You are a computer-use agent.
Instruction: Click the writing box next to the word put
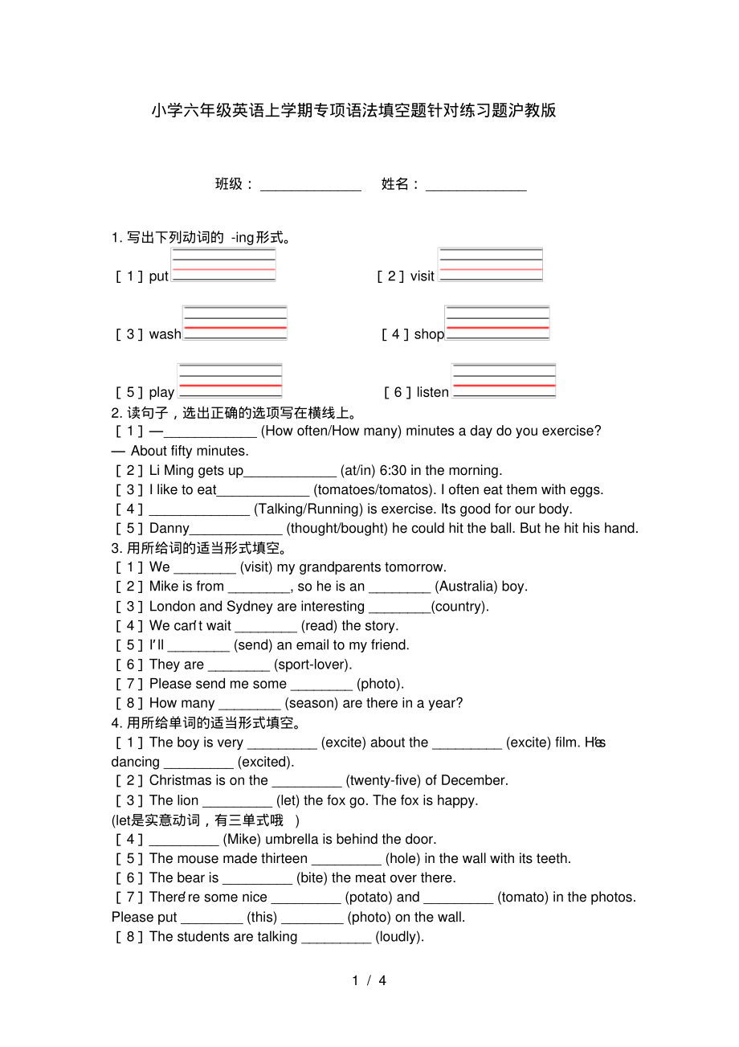223,264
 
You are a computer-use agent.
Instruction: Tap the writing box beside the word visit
490,264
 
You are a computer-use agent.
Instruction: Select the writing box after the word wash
235,323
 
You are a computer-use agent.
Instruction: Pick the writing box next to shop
497,323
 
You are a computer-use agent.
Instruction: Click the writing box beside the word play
230,381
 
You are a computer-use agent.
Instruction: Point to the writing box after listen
504,381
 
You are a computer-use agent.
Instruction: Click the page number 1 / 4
369,980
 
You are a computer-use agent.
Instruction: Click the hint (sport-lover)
313,665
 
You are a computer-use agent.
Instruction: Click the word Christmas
179,780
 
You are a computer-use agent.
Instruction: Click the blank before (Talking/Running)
199,510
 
